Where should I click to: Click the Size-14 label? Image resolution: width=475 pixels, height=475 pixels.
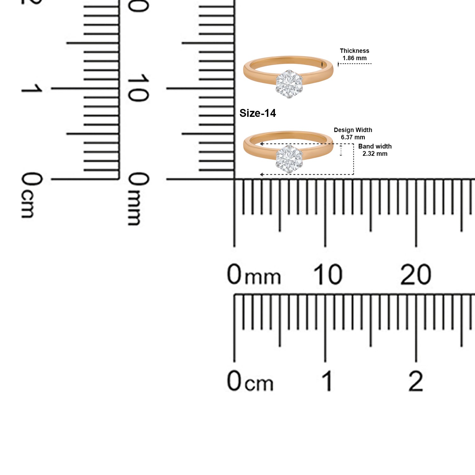coord(257,113)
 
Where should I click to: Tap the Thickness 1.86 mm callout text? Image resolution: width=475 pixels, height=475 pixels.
coord(354,54)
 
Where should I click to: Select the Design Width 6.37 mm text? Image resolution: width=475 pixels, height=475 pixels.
coord(353,134)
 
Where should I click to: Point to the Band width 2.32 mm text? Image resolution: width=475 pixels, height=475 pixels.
coord(375,150)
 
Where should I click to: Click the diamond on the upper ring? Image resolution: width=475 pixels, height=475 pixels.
coord(289,84)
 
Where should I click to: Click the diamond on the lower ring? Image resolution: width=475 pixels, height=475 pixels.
coord(289,159)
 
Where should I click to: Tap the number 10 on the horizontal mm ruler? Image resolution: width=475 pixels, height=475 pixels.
coord(328,274)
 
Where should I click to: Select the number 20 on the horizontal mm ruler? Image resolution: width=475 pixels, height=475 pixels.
coord(416,274)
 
